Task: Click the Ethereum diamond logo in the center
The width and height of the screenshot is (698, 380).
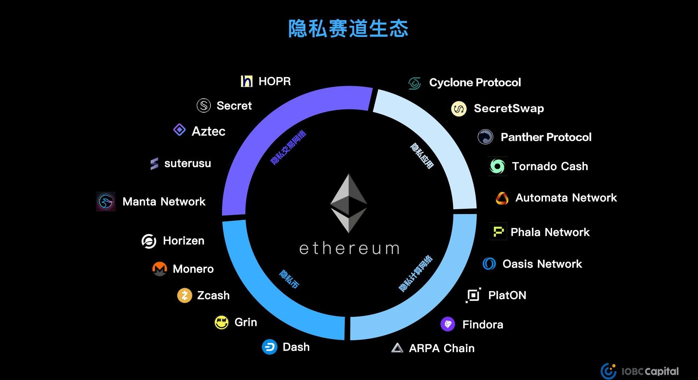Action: pyautogui.click(x=349, y=203)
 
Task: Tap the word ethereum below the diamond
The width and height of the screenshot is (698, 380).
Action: pyautogui.click(x=349, y=249)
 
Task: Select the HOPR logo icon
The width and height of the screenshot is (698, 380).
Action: pyautogui.click(x=247, y=81)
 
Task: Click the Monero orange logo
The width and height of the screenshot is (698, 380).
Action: pyautogui.click(x=159, y=269)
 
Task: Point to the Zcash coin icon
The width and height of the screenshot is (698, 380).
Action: pyautogui.click(x=185, y=296)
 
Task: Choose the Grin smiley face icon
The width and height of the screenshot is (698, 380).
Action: pyautogui.click(x=222, y=322)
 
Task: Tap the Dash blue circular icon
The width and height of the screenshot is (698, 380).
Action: pyautogui.click(x=269, y=347)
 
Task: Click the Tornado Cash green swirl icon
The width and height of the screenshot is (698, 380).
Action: pyautogui.click(x=497, y=166)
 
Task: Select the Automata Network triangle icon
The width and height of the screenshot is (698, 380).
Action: pyautogui.click(x=502, y=198)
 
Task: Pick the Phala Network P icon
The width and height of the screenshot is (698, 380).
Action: pyautogui.click(x=498, y=231)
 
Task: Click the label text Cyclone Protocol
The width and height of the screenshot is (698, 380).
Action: pyautogui.click(x=475, y=83)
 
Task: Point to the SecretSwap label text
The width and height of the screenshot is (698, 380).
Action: pyautogui.click(x=509, y=108)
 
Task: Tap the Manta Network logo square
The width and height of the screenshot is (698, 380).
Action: pyautogui.click(x=106, y=202)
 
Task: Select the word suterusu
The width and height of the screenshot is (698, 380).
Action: pyautogui.click(x=188, y=164)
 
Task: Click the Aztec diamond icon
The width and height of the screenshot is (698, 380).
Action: pyautogui.click(x=179, y=130)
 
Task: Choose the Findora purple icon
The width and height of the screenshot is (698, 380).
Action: pyautogui.click(x=448, y=324)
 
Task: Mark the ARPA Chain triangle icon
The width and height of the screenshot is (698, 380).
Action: pyautogui.click(x=397, y=348)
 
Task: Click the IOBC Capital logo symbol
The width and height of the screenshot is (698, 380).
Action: pyautogui.click(x=608, y=371)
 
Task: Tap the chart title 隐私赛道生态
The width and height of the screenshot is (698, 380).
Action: pyautogui.click(x=348, y=29)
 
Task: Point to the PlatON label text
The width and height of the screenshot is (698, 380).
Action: pyautogui.click(x=507, y=296)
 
